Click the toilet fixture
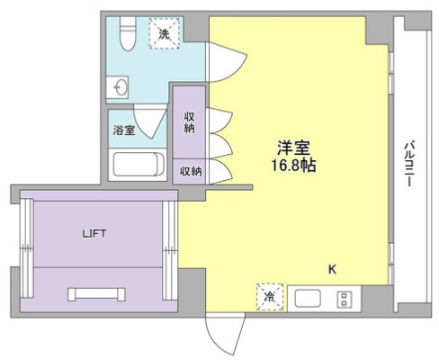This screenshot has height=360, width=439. tap(128, 33)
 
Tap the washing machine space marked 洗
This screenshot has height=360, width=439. tap(164, 33)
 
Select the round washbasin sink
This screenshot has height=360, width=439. tap(121, 87)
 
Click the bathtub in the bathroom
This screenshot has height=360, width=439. tap(139, 164)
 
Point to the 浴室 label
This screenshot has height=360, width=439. tap(124, 130)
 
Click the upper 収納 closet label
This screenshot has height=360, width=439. tap(189, 122)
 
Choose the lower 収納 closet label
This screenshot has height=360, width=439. tap(191, 171)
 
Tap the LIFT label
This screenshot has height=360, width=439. tap(94, 233)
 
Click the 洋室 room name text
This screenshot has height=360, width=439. tap(293, 148)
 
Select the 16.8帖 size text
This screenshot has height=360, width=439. tap(293, 165)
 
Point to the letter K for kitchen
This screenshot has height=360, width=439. tap(332, 269)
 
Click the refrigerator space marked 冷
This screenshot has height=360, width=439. tap(270, 297)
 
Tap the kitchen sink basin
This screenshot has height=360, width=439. tap(308, 299)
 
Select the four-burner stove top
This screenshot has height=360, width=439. tap(345, 300)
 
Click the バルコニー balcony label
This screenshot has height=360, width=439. tap(409, 165)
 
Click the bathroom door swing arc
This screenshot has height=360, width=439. tap(149, 121)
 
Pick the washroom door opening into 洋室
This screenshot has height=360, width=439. tap(228, 62)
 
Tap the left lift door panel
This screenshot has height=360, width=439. tap(27, 247)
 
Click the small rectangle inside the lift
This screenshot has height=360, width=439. tap(96, 294)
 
